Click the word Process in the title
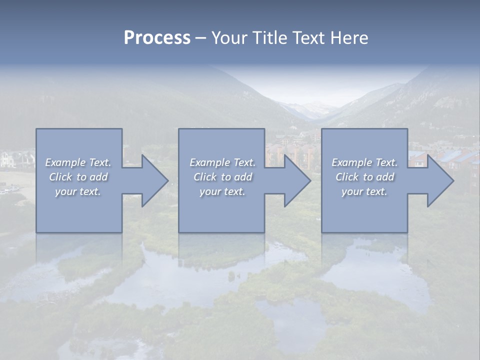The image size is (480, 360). coord(157,38)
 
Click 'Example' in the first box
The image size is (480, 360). coord(65,162)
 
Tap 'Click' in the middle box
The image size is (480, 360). coord(205,177)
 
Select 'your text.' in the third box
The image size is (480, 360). coord(364,191)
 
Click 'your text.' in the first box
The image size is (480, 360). coord(78,191)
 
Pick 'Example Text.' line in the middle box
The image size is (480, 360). coord(222,162)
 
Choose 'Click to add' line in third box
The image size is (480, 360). coord(365,177)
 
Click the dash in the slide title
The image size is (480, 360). coord(200,38)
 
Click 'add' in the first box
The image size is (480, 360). coord(98,177)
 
